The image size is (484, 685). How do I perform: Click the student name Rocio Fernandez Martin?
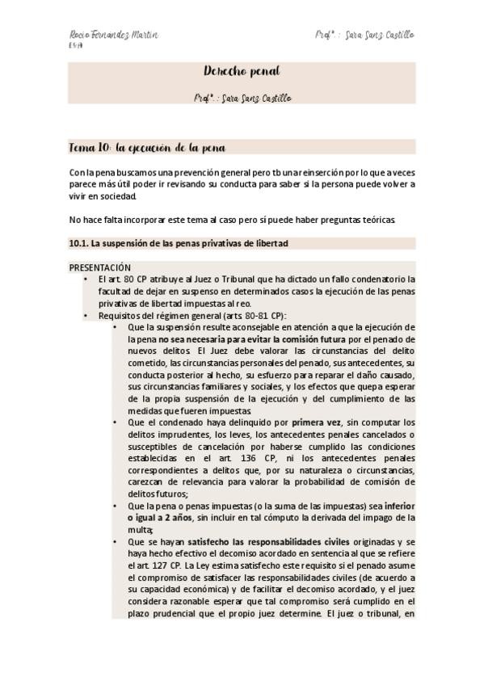click(x=113, y=36)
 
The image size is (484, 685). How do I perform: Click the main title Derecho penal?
click(x=242, y=72)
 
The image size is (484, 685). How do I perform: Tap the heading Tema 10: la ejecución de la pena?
click(x=146, y=148)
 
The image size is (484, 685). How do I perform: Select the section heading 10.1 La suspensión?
click(x=179, y=242)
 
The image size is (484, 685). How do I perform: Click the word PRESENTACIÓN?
click(x=100, y=267)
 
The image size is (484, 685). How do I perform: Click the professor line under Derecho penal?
click(x=242, y=99)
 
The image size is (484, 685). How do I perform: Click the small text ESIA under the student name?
click(x=74, y=47)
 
